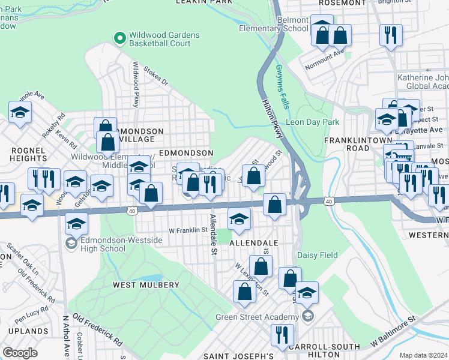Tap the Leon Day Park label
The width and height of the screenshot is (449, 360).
309,122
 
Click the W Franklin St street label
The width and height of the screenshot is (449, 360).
187,230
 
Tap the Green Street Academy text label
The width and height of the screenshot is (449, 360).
258,317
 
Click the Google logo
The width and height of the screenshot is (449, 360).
20,352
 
